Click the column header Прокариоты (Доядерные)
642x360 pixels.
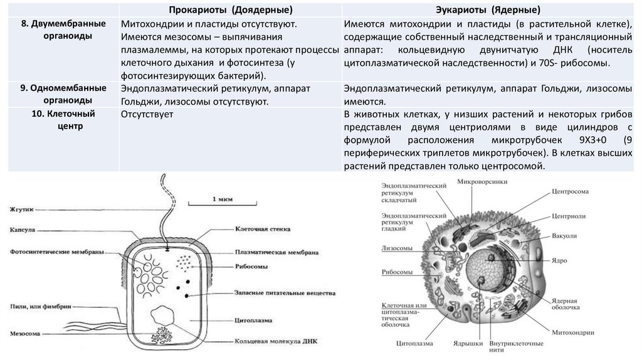coord(231,10)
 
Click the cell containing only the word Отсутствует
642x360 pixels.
coord(147,115)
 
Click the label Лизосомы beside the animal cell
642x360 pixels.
coord(397,248)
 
